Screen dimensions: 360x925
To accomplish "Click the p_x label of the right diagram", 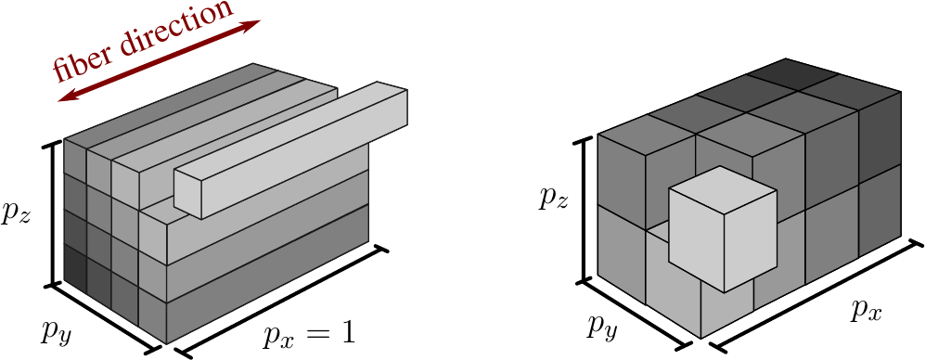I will [866, 309].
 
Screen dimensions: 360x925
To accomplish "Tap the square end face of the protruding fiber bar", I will [188, 193].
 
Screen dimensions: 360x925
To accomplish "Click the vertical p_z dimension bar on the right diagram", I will [585, 209].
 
